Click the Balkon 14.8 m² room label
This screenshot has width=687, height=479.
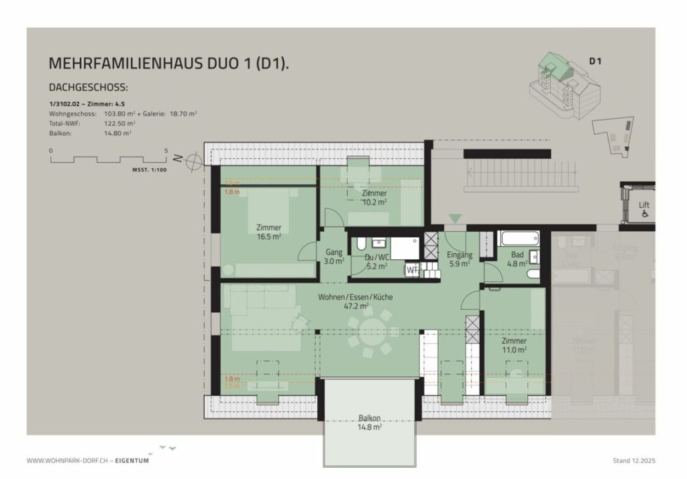370,421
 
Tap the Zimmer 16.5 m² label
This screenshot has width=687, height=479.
268,231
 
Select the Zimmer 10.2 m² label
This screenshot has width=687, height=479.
374,197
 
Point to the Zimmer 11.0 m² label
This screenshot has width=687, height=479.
514,345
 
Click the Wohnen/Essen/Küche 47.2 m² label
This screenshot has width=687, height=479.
355,301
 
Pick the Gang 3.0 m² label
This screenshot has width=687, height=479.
334,257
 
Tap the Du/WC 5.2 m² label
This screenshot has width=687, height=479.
376,261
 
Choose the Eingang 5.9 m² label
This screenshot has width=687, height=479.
460,259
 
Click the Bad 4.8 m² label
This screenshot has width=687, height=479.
517,259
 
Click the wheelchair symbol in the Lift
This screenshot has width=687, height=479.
644,214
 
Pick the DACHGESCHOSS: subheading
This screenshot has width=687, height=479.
89,88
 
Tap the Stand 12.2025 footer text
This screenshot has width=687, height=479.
636,461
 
